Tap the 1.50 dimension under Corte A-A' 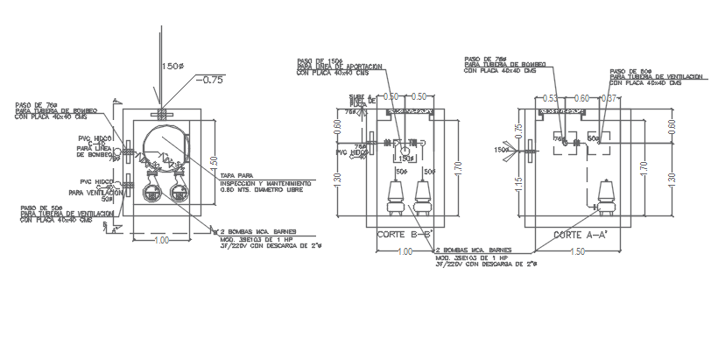577,252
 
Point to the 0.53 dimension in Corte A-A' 550,98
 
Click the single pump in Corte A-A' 604,196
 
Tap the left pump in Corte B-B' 394,198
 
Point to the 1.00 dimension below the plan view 162,240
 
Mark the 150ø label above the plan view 172,67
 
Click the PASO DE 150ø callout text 319,60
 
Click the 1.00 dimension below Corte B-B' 405,252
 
